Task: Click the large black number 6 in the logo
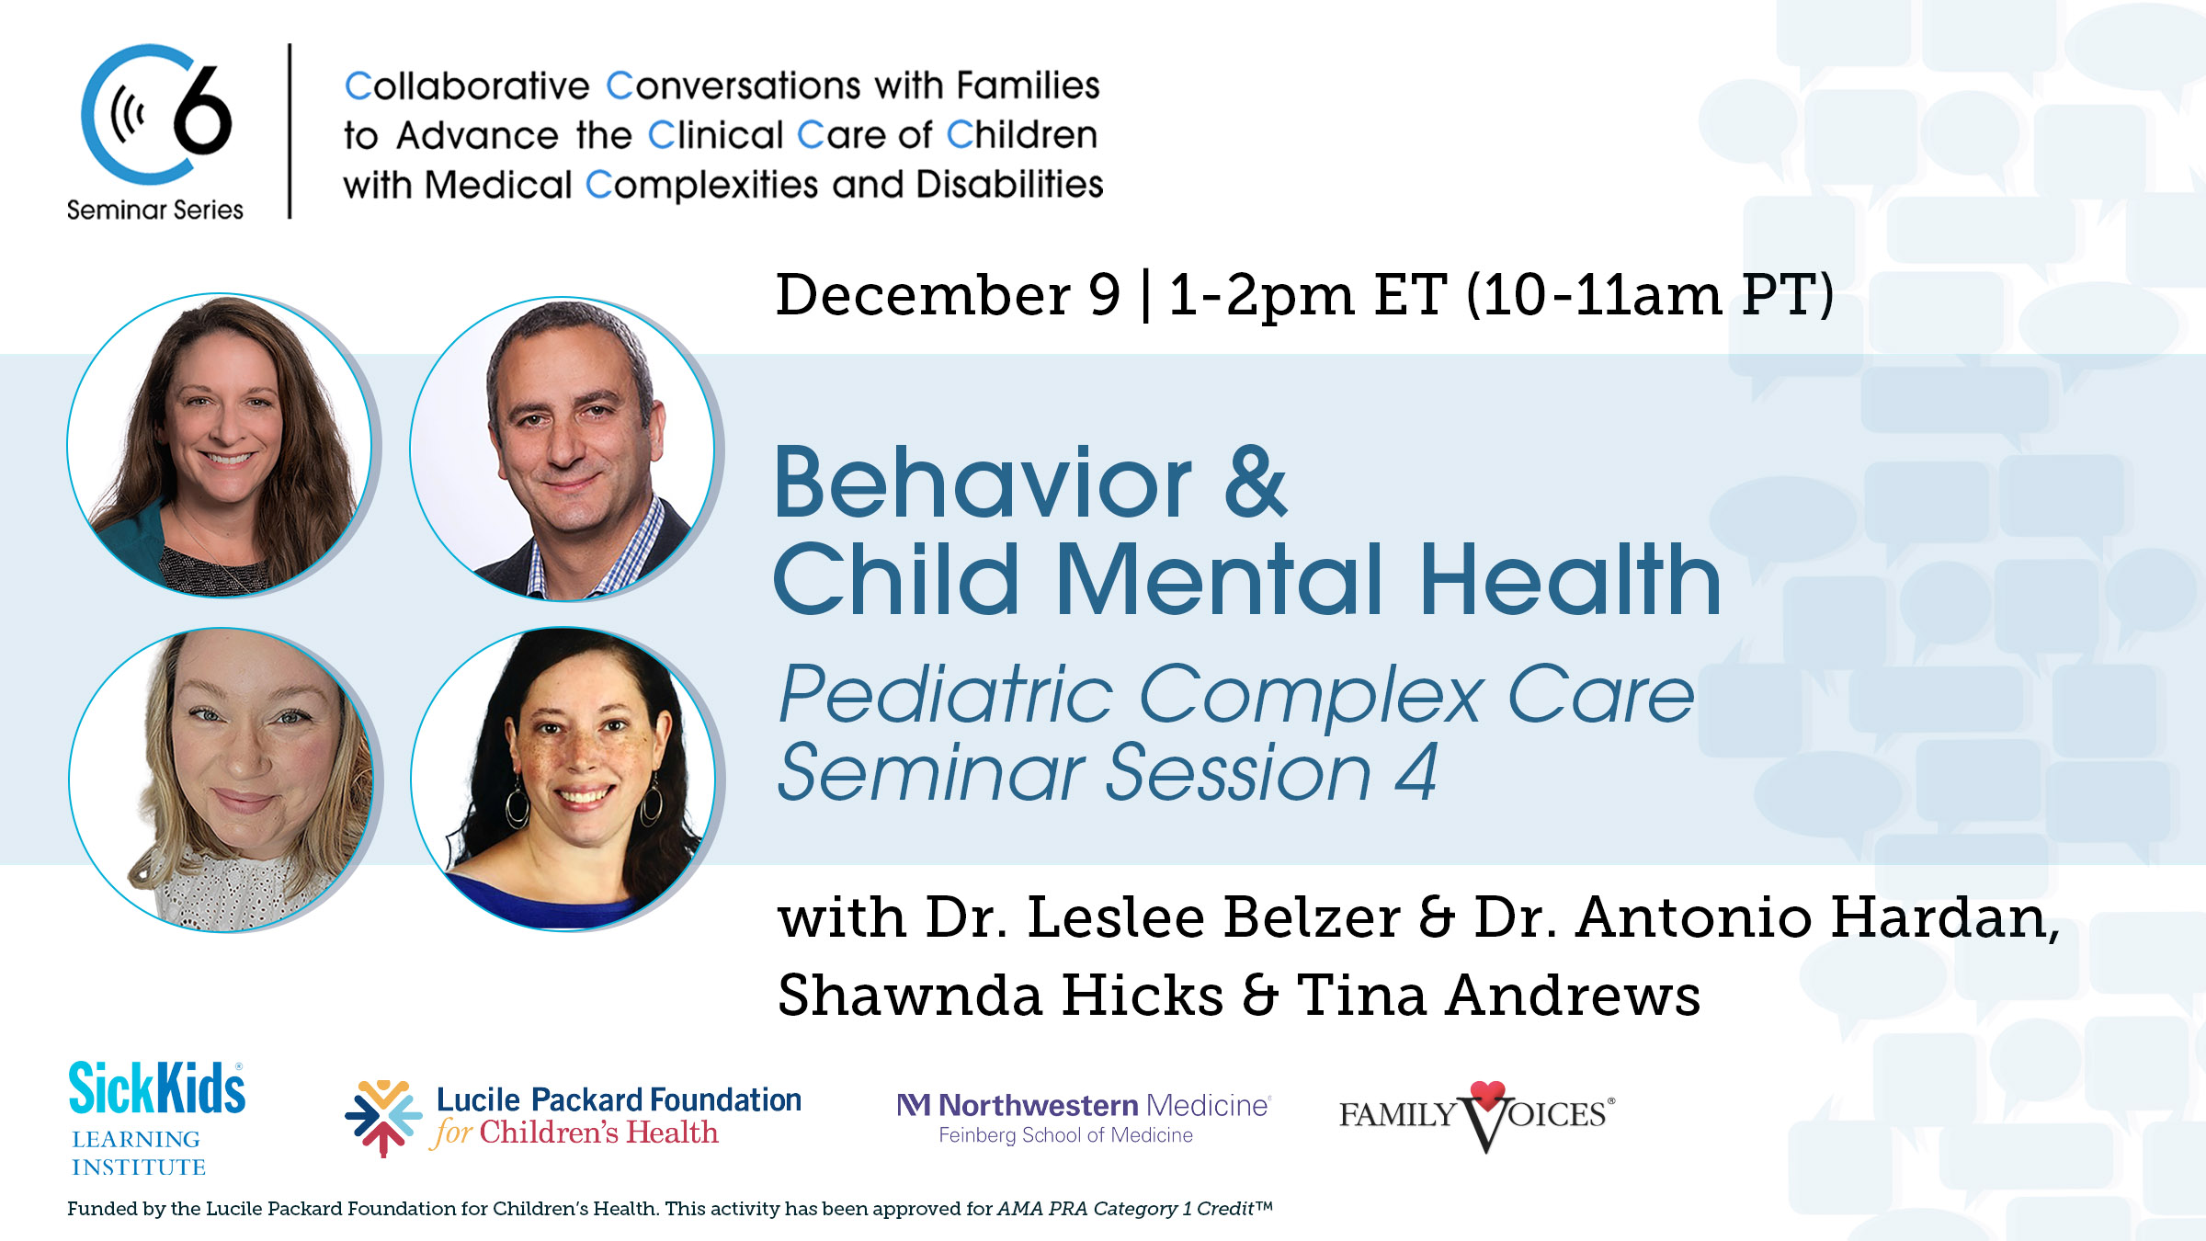pos(202,113)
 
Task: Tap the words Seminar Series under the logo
pos(154,211)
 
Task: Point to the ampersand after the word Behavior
pos(1256,484)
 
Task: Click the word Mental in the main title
pos(1219,580)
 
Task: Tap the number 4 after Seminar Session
pos(1416,773)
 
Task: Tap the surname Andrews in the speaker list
pos(1572,996)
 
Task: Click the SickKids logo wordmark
pos(157,1088)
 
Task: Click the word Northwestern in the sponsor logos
pos(1038,1105)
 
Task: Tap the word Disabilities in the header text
pos(1009,185)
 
